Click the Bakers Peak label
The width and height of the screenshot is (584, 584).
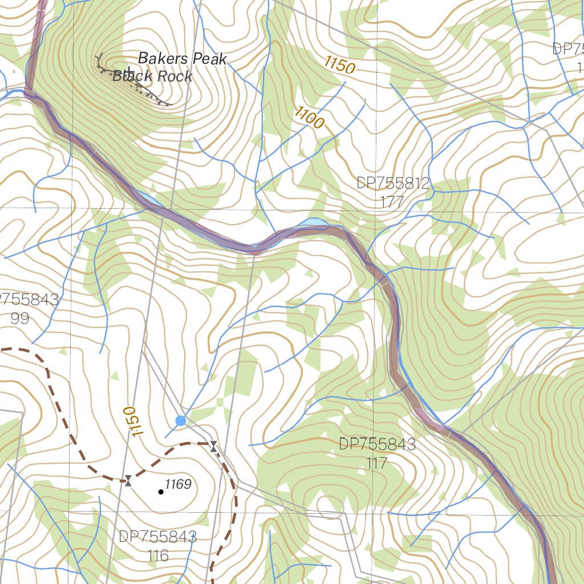182,59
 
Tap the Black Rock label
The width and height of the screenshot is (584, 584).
153,76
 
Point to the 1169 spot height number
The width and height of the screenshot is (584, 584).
178,485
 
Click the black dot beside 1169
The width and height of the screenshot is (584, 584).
161,492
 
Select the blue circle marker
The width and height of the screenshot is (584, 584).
181,421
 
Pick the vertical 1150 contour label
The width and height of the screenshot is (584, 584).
131,422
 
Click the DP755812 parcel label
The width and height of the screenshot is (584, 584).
393,183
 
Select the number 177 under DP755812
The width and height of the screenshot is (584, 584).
393,201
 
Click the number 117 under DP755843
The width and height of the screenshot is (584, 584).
377,463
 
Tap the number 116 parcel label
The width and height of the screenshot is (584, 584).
158,555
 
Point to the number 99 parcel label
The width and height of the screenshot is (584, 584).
20,318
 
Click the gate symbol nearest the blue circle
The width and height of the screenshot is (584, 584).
213,446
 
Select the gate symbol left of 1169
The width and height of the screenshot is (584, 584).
128,481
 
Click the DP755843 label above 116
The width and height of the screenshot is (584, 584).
158,537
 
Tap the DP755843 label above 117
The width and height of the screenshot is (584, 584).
377,444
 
